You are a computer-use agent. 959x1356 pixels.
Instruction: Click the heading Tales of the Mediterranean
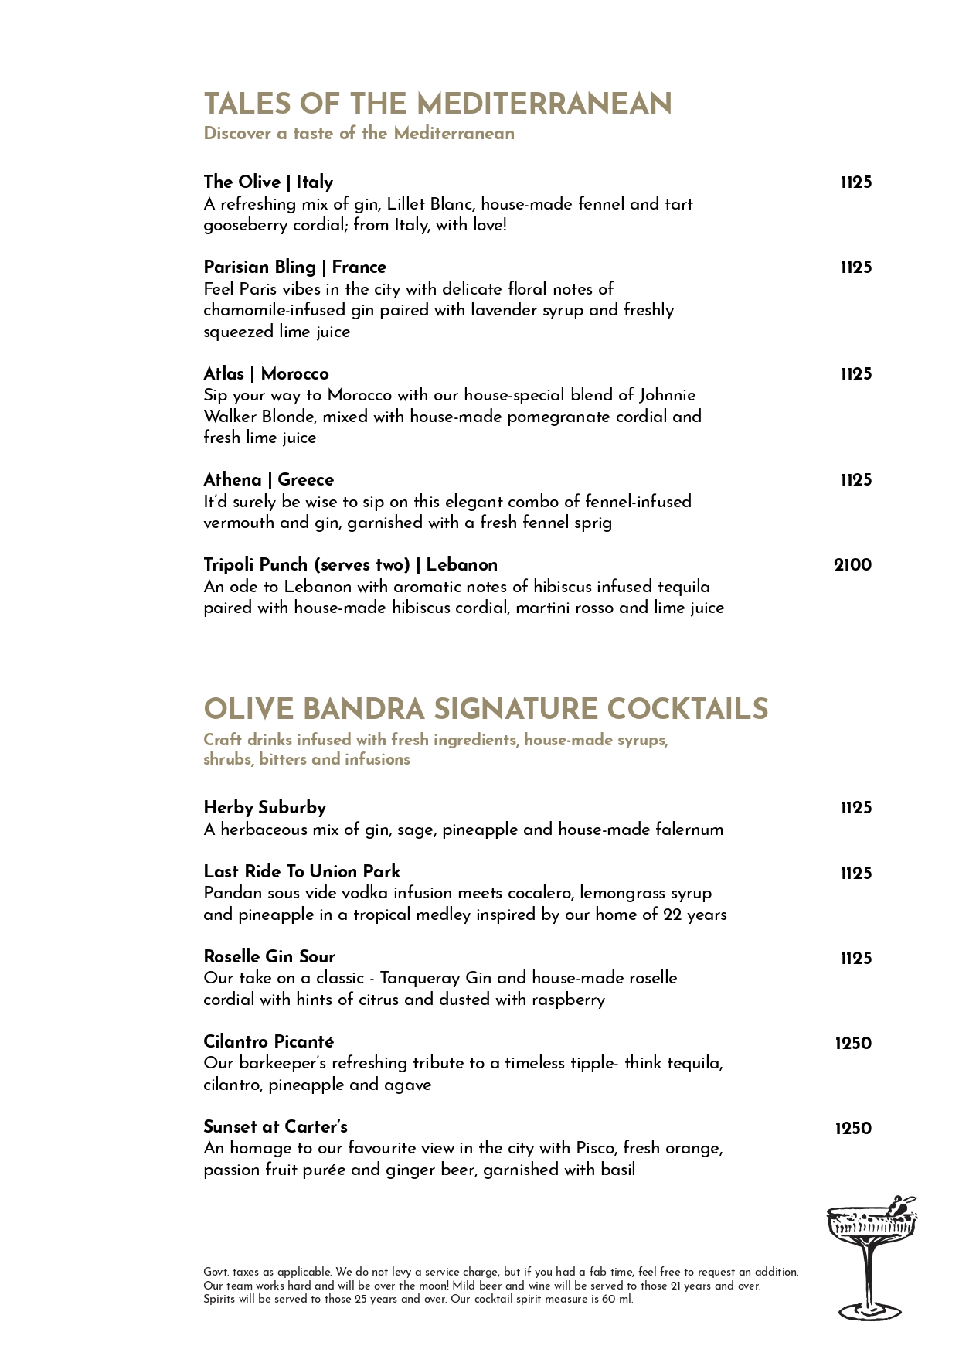437,104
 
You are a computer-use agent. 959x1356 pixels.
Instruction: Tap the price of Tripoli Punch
852,565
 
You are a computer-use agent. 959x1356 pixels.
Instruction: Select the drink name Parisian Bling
260,267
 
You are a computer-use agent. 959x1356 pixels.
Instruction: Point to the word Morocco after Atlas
294,374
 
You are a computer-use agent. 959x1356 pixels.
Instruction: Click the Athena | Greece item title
268,480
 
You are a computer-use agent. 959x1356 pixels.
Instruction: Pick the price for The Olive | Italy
855,182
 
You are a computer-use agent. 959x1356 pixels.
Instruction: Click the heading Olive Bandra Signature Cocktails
485,710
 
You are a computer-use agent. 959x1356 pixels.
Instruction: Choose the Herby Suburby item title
264,808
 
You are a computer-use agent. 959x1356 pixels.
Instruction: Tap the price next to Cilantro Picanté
852,1044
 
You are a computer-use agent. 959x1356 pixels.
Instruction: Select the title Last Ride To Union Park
301,872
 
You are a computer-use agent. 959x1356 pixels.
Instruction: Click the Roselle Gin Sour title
269,957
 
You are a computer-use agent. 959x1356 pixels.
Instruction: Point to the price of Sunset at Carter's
852,1129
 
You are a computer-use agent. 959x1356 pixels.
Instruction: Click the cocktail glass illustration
870,1256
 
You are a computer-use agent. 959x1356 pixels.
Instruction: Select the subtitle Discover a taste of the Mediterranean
359,134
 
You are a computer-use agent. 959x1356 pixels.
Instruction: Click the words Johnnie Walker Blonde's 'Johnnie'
667,395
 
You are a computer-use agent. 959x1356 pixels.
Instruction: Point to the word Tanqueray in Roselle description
420,978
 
